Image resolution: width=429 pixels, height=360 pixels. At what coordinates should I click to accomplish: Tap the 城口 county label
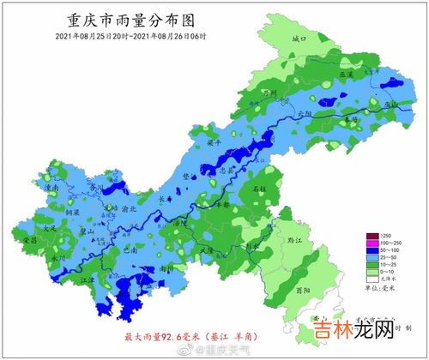[x=299, y=39]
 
